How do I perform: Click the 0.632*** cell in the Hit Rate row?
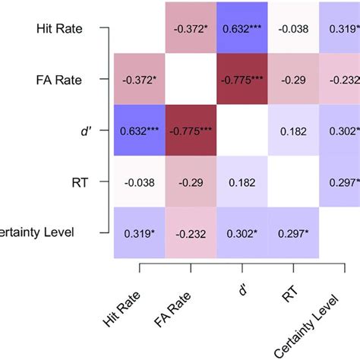click(x=242, y=29)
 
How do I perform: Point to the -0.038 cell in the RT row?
click(x=139, y=182)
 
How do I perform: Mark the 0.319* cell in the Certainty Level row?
click(x=139, y=233)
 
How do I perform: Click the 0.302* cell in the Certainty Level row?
click(x=242, y=233)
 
